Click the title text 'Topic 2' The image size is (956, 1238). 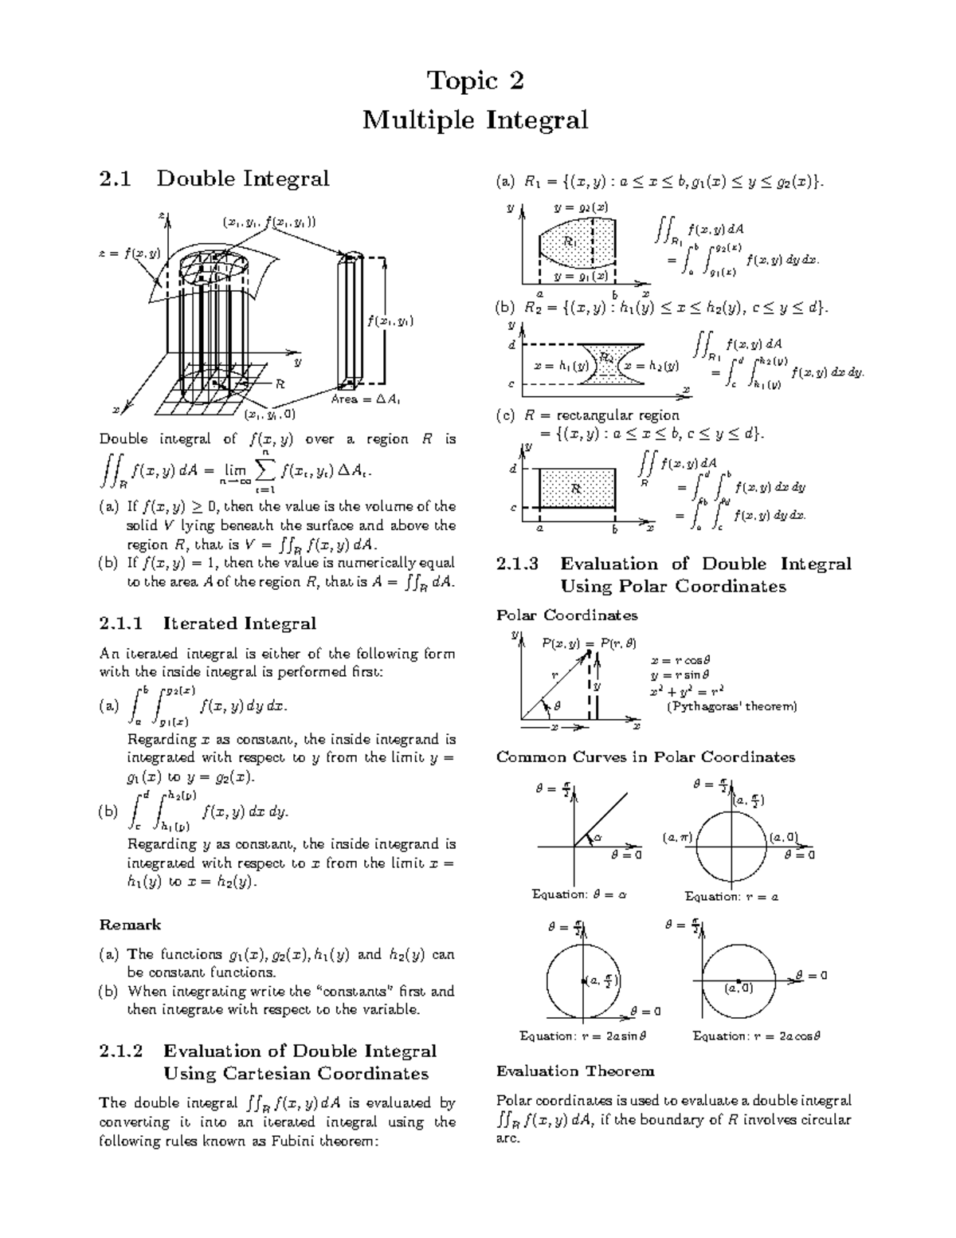click(476, 81)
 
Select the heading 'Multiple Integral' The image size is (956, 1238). click(476, 120)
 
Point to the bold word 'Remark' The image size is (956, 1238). click(130, 925)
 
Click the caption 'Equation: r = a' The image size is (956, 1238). click(731, 897)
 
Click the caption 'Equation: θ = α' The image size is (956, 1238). click(579, 894)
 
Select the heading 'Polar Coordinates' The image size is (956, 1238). click(566, 615)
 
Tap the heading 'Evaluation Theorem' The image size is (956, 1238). click(575, 1071)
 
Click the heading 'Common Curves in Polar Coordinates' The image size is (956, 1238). click(645, 757)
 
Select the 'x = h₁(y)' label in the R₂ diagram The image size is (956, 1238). click(561, 366)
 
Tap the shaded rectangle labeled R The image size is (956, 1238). click(577, 487)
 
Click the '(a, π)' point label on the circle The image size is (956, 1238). click(679, 837)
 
